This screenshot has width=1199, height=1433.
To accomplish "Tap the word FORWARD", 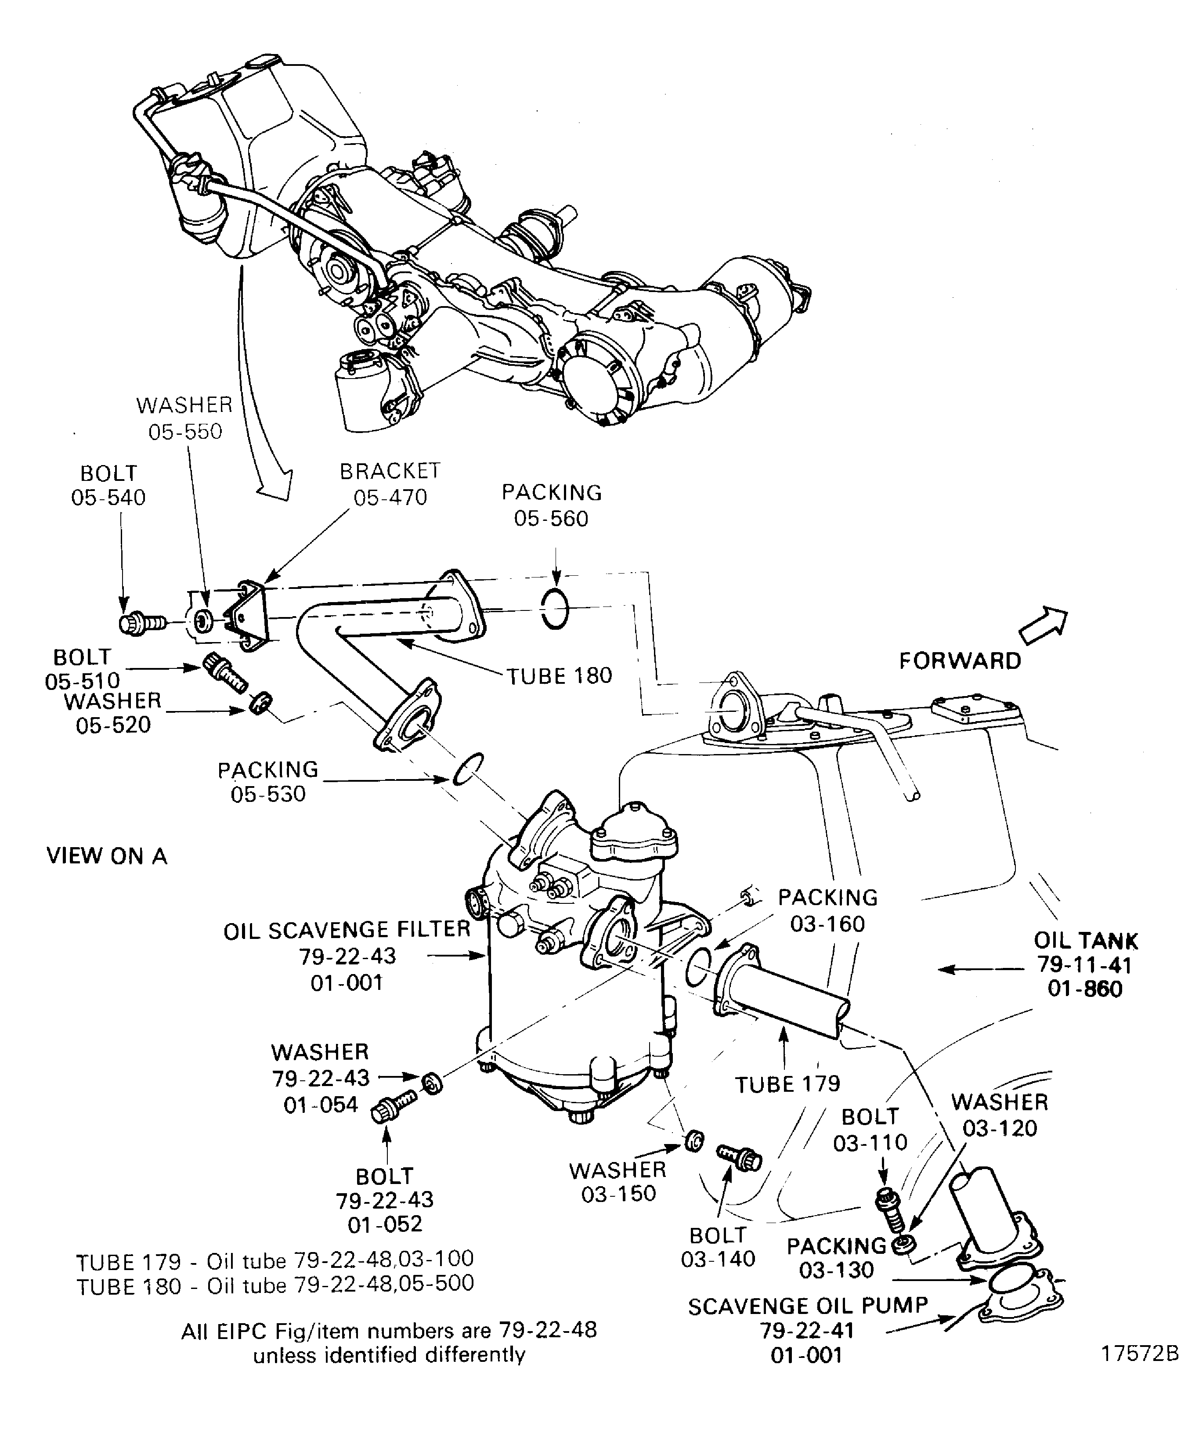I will click(x=960, y=661).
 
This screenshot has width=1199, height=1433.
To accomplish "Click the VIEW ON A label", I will click(x=106, y=855).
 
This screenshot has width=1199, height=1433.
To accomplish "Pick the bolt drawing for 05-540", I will click(x=142, y=624).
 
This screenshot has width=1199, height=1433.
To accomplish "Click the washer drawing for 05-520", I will click(x=260, y=702).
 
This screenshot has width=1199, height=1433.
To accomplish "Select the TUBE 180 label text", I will click(x=559, y=676).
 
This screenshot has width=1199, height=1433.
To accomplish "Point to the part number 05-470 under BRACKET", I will click(x=390, y=498).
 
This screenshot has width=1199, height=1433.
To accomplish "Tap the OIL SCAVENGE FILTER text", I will click(x=347, y=930).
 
